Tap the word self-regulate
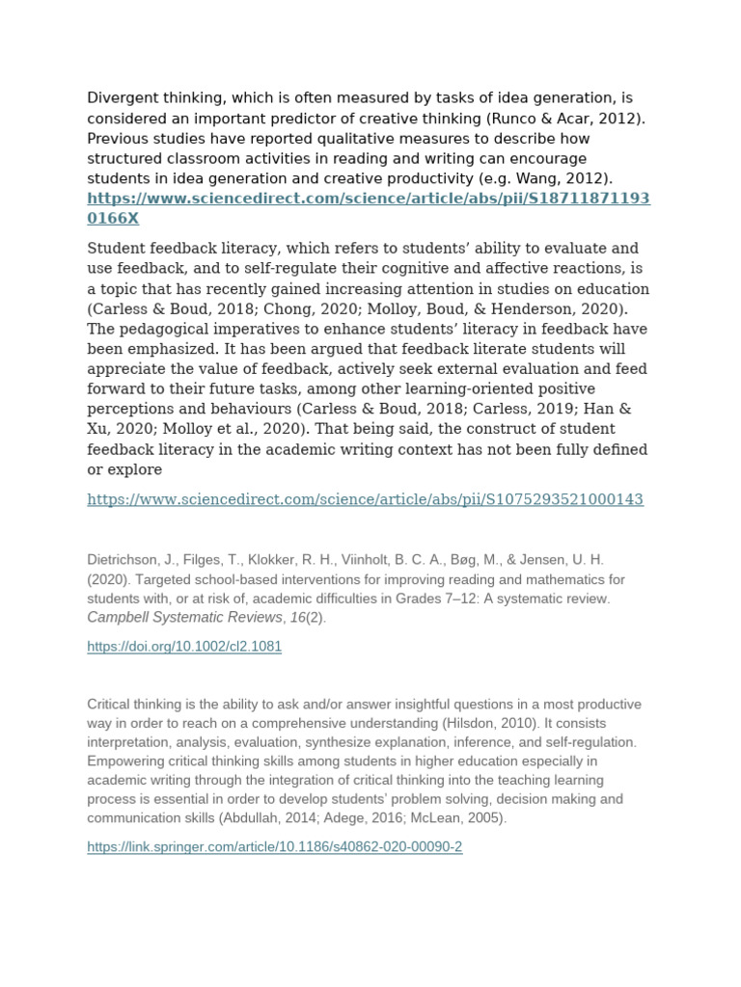click(279, 268)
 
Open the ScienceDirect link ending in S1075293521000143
click(365, 499)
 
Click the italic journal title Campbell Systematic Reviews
click(184, 618)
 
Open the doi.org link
click(184, 647)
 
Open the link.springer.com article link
click(275, 847)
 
